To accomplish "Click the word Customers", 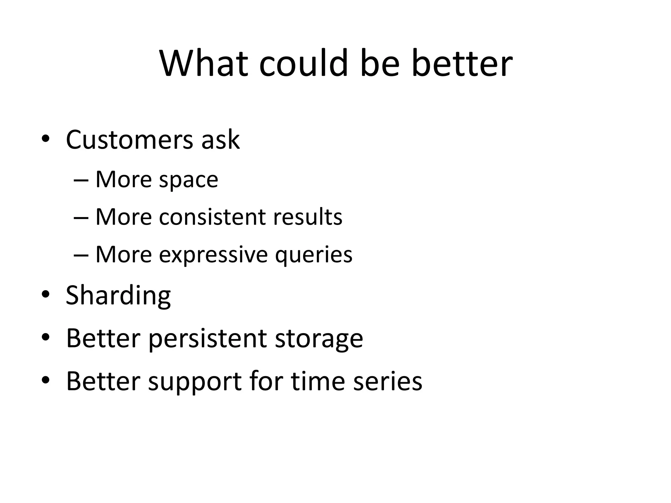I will [129, 140].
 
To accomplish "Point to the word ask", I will [220, 140].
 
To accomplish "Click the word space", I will [188, 180].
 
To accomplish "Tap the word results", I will [308, 217].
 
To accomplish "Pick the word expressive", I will [213, 254].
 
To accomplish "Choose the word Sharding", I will [118, 295].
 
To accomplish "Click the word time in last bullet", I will [317, 381].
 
